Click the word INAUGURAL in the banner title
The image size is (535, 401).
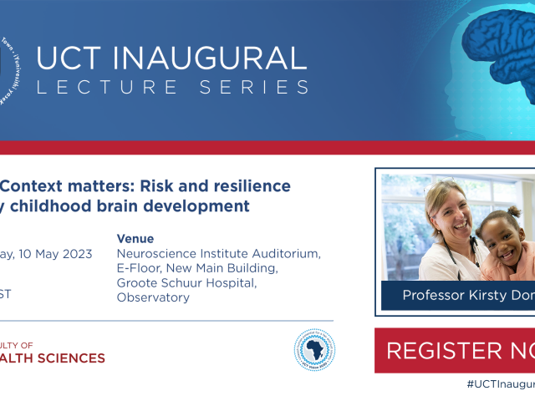coord(216,58)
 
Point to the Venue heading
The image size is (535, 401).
coord(135,238)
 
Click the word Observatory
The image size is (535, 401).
coord(153,297)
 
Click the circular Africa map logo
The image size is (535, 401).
coord(314,348)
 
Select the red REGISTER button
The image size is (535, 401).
coord(455,350)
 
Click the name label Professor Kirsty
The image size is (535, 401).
coord(468,295)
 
